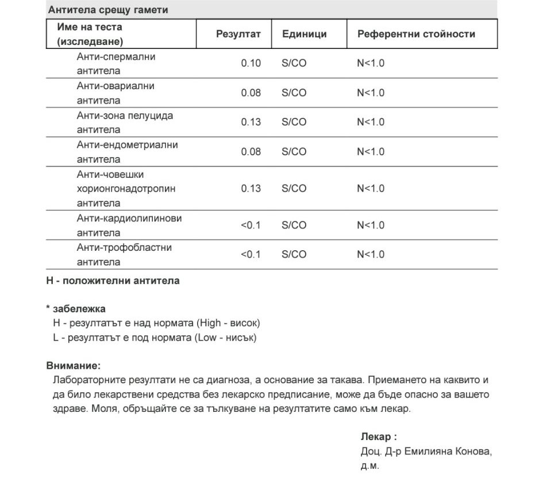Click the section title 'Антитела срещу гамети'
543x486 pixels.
point(108,10)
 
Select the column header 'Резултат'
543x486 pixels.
point(238,34)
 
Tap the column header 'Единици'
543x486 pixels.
point(304,34)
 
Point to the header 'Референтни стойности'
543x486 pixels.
point(416,34)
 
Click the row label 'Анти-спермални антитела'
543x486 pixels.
point(116,64)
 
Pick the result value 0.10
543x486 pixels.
point(251,63)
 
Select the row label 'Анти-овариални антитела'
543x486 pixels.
point(115,93)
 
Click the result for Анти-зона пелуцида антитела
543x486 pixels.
point(251,122)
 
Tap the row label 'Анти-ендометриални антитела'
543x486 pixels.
point(127,152)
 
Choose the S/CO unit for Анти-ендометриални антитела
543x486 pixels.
point(294,152)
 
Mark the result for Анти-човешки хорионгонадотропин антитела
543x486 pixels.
point(251,189)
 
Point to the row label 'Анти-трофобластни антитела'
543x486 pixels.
point(124,255)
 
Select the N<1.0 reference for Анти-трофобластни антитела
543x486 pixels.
point(371,255)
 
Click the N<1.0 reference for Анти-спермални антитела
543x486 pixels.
point(371,63)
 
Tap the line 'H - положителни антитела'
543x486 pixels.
point(113,281)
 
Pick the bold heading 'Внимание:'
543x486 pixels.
point(73,365)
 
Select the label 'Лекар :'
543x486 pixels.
point(379,437)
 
